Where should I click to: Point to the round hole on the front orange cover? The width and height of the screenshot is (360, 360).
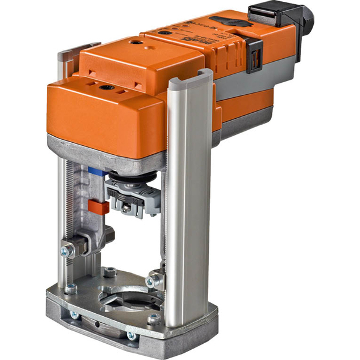click(x=107, y=87)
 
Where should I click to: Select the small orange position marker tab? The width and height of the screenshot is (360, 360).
click(x=98, y=207)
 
